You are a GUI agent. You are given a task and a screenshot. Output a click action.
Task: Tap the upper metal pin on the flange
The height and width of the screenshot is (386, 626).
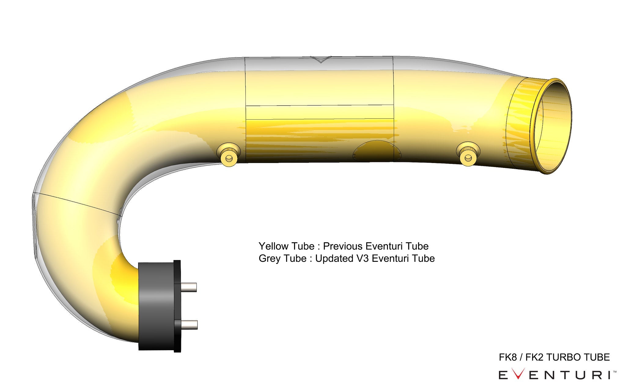click(x=189, y=287)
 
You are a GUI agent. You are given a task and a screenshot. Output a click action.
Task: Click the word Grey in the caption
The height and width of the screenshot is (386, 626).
click(x=270, y=258)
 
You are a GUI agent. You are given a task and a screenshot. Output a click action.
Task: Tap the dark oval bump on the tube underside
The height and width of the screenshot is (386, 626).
click(x=374, y=151)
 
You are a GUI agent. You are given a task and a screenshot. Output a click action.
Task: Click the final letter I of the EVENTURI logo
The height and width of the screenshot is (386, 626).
click(x=610, y=375)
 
